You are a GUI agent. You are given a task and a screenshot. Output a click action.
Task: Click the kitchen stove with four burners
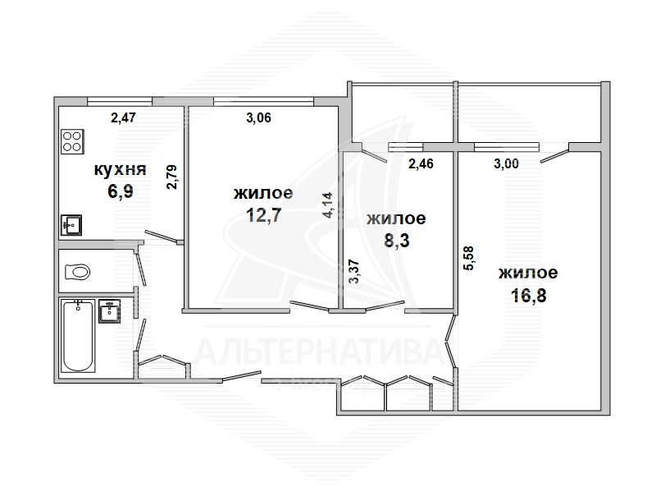tap(72, 141)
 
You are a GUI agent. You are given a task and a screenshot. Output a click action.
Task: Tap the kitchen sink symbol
tap(71, 225)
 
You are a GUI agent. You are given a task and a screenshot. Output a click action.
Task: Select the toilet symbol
tap(78, 273)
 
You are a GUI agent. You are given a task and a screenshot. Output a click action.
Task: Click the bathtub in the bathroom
tap(78, 335)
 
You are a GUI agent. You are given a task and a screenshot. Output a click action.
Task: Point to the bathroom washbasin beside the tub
tap(109, 311)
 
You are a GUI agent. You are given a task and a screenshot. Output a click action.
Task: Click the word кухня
tap(120, 170)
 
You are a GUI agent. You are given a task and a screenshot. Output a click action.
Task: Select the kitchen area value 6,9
tap(121, 191)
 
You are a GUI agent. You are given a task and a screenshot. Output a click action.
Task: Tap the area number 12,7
tap(263, 215)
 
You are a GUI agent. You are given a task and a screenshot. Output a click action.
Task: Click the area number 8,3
tap(397, 241)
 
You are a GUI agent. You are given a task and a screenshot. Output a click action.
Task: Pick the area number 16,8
tap(528, 296)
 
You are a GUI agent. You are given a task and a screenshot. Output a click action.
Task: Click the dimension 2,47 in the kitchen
tap(123, 117)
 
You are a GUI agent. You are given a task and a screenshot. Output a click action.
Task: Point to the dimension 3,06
tap(258, 117)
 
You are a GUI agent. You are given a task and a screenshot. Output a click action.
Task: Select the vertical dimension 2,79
tap(172, 177)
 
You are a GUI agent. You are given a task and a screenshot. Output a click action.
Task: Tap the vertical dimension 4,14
tap(327, 205)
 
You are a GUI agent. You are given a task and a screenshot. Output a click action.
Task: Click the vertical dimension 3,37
tap(354, 272)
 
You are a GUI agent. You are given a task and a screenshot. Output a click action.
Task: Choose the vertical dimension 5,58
tap(468, 258)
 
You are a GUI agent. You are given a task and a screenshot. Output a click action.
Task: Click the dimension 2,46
tap(421, 163)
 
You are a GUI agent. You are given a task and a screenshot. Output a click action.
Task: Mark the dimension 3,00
tap(506, 163)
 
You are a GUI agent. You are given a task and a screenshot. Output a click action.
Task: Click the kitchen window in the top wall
tap(120, 101)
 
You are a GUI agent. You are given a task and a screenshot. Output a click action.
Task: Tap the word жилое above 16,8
tap(528, 273)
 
